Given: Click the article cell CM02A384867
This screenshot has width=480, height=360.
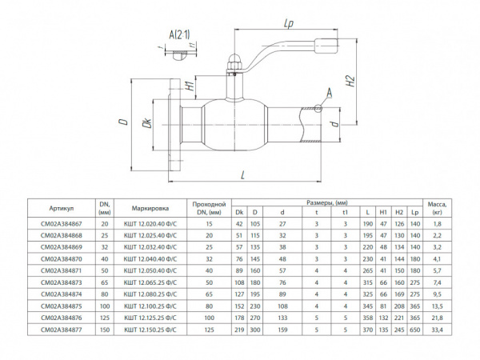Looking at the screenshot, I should coord(63,226).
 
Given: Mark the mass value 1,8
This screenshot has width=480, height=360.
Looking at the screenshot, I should coord(438,226).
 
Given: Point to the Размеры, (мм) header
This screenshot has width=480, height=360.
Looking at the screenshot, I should coord(328,203).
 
